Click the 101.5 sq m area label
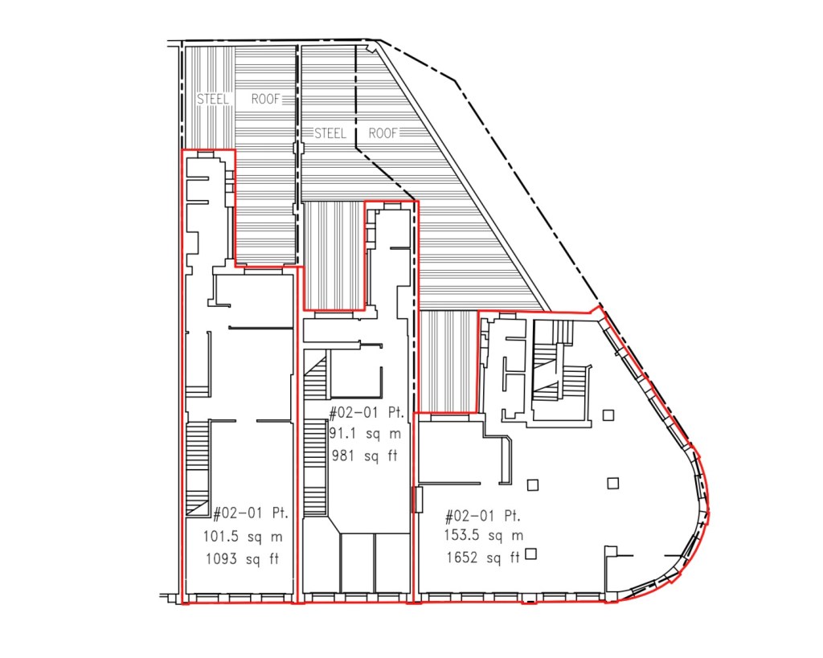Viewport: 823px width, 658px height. [243, 536]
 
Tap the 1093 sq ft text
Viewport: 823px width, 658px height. [242, 559]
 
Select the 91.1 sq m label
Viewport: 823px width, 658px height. [366, 434]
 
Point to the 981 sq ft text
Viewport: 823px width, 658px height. [365, 456]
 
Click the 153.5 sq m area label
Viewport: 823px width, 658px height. [483, 535]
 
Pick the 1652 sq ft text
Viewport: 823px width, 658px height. [483, 557]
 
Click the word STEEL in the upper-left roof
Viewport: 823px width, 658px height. [213, 99]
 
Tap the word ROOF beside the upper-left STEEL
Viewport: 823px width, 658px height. [265, 99]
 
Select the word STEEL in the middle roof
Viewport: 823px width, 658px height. [330, 133]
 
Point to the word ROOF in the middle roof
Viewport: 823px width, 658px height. [383, 133]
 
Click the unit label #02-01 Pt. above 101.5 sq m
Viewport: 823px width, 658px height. [251, 513]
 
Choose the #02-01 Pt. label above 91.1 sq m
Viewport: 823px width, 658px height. [366, 412]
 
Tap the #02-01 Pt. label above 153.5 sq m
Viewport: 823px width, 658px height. [482, 516]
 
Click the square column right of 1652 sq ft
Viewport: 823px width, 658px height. [531, 554]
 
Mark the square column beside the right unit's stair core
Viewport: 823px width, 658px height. [608, 415]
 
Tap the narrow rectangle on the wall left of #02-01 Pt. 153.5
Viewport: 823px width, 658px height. [418, 500]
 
